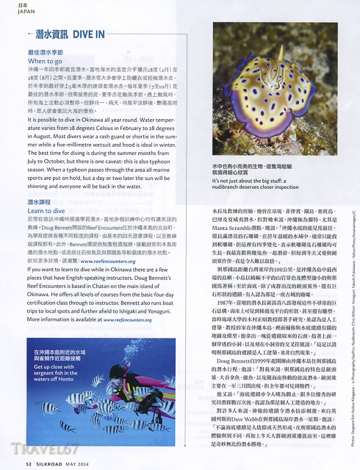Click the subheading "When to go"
pos(44,62)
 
